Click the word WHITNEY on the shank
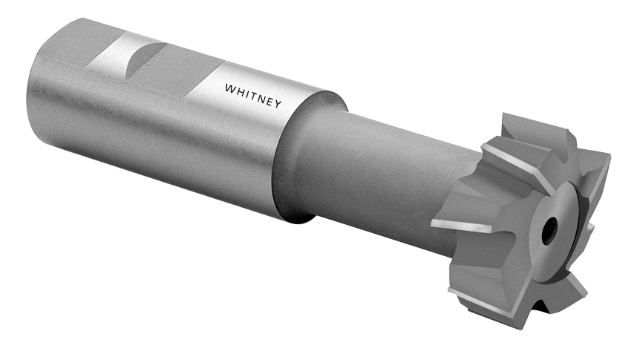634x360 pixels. click(x=253, y=96)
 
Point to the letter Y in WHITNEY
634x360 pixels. click(x=278, y=105)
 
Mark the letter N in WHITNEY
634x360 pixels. click(x=261, y=98)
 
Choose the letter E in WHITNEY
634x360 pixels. click(x=269, y=102)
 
